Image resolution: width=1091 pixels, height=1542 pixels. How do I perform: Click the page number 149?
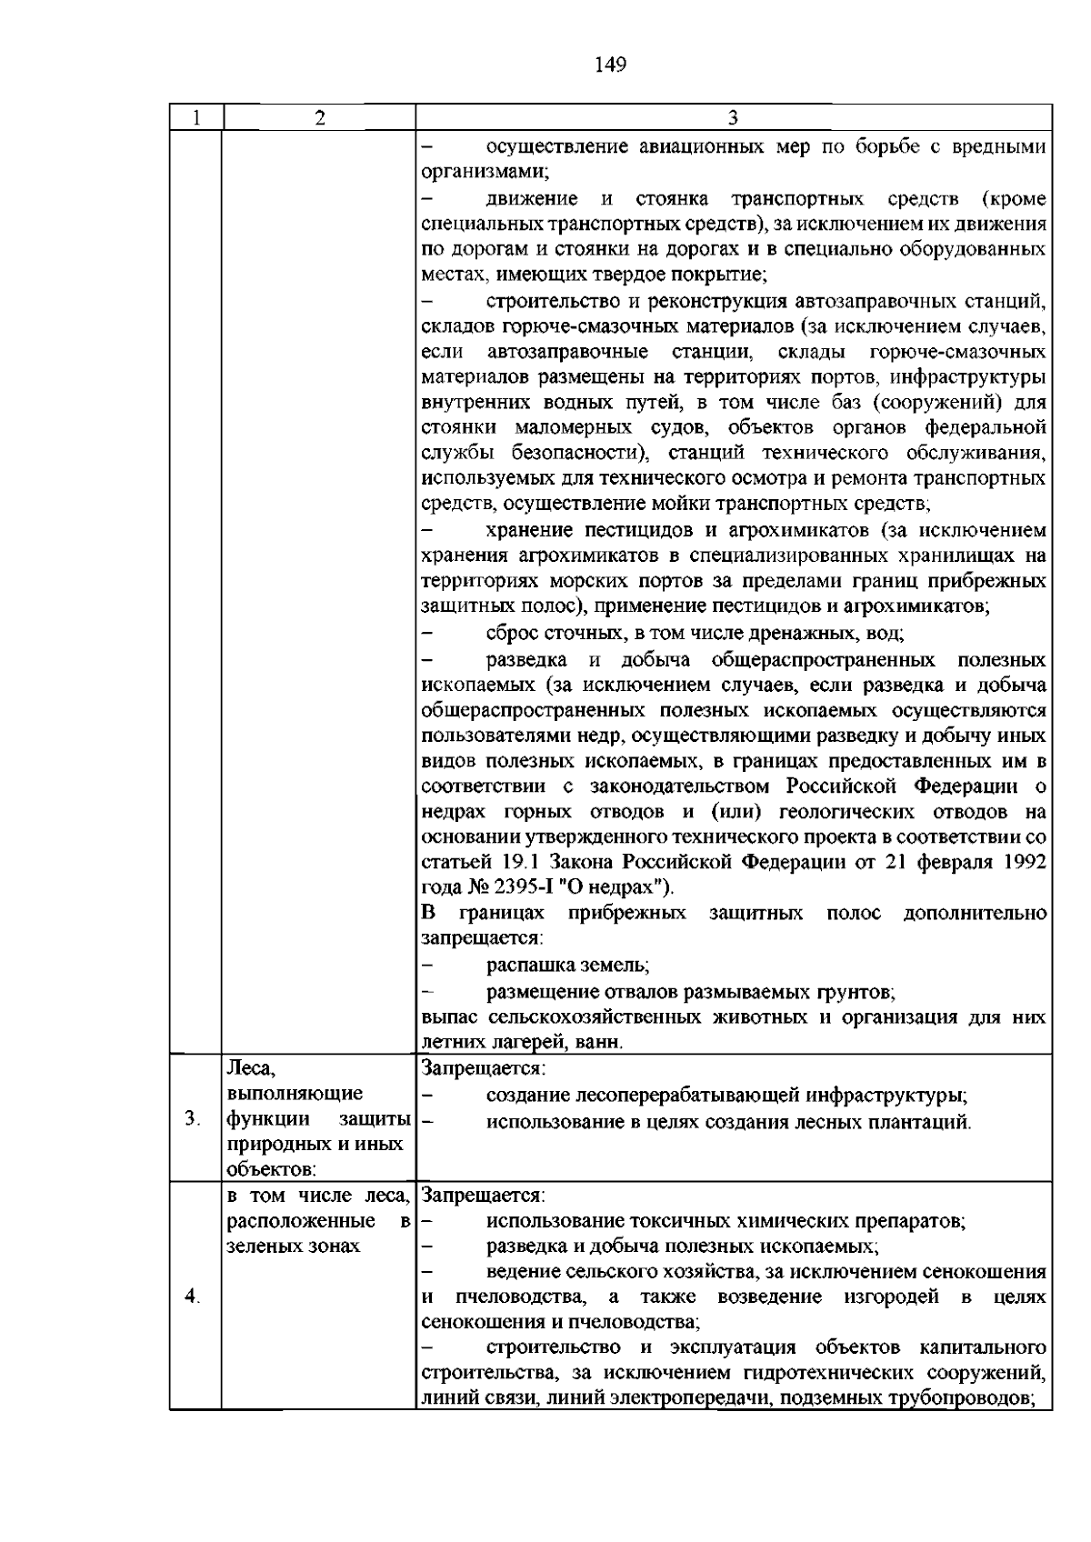point(610,65)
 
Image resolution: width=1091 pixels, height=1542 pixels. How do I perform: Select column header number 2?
point(318,118)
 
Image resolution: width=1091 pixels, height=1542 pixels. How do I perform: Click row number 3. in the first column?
point(191,1118)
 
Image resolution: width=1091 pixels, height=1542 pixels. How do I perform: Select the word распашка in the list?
point(523,966)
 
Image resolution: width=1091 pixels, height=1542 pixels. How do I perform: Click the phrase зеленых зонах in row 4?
point(293,1247)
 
